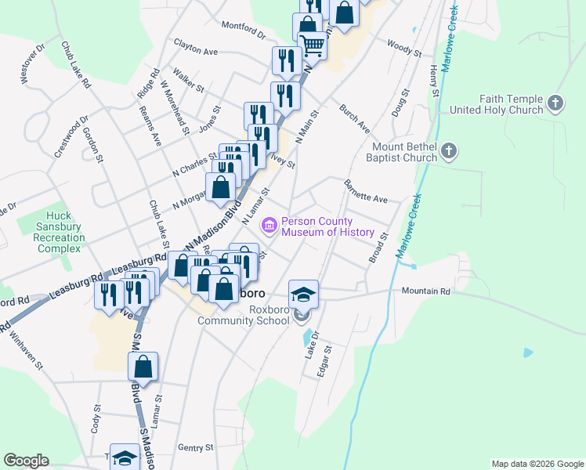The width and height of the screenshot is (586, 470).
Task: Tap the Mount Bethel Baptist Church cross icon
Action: (449, 151)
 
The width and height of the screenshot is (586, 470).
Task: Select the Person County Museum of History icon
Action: (269, 226)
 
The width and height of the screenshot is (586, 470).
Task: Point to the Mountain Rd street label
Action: (426, 291)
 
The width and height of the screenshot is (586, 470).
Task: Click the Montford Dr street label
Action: (244, 30)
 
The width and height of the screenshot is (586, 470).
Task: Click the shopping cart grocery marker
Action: (313, 45)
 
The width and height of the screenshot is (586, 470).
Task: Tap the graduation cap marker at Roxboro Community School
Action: (304, 295)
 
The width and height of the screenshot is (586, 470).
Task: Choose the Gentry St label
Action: (196, 447)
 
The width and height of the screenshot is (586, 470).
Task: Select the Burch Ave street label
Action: (354, 117)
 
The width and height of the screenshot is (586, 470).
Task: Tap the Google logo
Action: (26, 461)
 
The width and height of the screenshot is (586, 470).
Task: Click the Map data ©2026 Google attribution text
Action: (537, 464)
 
